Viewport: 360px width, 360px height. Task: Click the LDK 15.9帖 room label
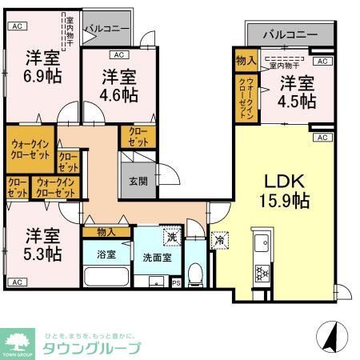[x=282, y=189]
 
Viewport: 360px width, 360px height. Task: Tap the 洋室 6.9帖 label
[x=41, y=66]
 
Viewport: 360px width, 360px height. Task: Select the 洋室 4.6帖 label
[x=118, y=86]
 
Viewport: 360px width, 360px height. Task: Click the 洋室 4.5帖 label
[x=297, y=92]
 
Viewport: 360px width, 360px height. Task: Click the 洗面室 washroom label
[x=157, y=258]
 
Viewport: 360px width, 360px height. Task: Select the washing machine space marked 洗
[x=170, y=238]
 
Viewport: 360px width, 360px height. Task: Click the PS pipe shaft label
[x=176, y=282]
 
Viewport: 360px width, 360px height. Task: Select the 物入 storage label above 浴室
[x=106, y=232]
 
